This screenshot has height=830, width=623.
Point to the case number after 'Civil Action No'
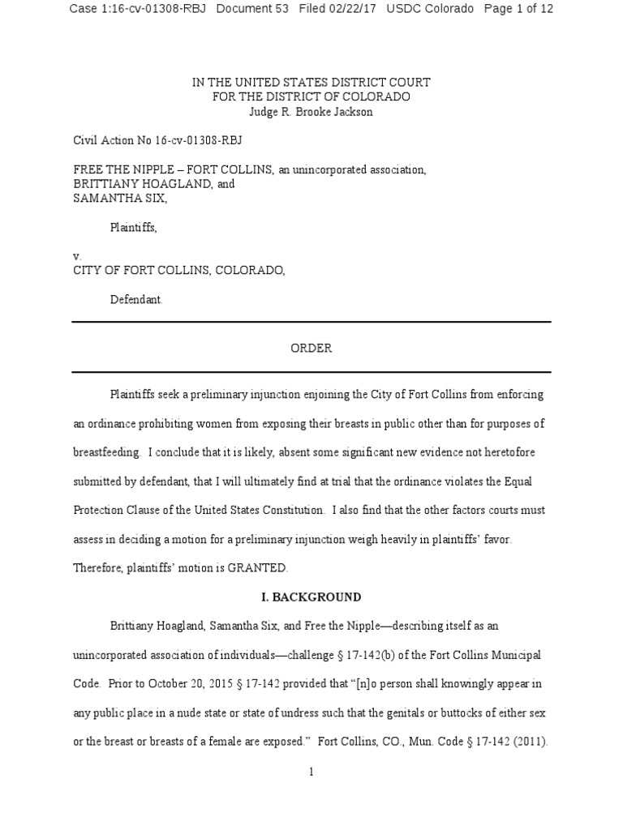tap(199, 140)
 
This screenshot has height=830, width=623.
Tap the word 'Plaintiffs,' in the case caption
tap(133, 228)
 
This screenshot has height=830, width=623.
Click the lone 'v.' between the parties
tap(77, 255)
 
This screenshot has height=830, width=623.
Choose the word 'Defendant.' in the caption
tap(136, 299)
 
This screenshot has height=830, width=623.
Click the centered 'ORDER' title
tap(311, 348)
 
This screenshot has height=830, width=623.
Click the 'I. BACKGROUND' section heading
tap(311, 597)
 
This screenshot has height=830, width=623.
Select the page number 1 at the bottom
tap(311, 772)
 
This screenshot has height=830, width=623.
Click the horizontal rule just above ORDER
tap(311, 323)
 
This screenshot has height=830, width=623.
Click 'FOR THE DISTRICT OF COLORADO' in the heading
tap(311, 97)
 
